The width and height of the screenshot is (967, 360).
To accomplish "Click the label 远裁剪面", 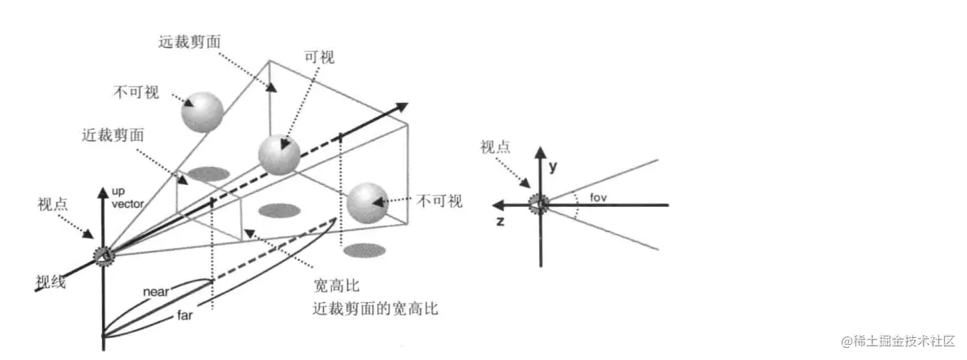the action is pos(189,41).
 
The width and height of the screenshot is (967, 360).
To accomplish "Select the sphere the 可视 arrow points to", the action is pos(278,154).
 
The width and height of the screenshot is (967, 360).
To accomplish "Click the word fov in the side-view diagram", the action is pos(598,197).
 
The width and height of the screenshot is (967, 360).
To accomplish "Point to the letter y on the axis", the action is pos(552,166).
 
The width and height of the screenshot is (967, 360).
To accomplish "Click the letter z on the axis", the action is pos(501,221).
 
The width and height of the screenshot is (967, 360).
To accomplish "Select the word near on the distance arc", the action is pos(155,291).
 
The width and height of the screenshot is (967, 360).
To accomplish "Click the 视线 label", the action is pos(51,282).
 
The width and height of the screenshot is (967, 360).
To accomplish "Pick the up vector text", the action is pos(127,198).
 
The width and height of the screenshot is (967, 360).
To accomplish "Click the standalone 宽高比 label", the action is pos(336,287).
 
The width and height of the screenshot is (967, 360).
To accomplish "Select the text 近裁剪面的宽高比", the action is pos(375,309).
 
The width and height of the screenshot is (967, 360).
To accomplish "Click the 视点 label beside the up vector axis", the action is pos(53,204).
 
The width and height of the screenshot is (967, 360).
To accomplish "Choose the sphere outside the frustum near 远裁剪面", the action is pos(202,111).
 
